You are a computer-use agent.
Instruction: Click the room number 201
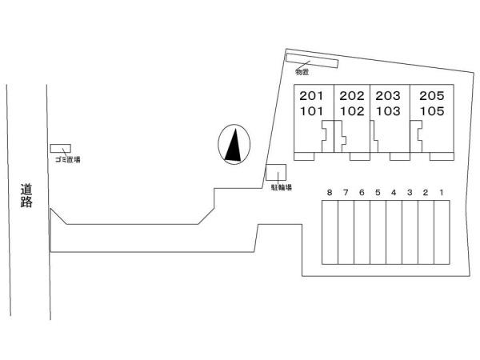coord(311,96)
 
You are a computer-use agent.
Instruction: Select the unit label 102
coord(352,111)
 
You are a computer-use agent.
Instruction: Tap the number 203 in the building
coord(388,96)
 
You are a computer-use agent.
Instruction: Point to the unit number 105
coord(432,111)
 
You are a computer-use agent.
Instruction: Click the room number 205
coord(432,96)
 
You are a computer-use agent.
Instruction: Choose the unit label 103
coord(388,111)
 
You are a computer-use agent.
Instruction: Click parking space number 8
coord(330,193)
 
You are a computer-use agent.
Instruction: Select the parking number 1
coord(442,193)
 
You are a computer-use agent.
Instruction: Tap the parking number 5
coord(378,193)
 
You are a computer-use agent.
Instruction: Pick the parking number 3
coord(410,193)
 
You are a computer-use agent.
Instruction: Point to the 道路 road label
coord(26,196)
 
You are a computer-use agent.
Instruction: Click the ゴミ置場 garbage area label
coord(68,159)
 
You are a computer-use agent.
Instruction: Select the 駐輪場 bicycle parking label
coord(282,187)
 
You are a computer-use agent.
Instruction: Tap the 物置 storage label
coord(302,72)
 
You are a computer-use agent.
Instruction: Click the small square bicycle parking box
coord(276,172)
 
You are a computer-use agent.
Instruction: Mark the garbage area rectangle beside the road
coord(61,149)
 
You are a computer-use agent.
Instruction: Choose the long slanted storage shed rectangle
coord(312,61)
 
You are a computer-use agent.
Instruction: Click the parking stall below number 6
coord(362,232)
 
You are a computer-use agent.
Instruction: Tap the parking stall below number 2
coord(426,232)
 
